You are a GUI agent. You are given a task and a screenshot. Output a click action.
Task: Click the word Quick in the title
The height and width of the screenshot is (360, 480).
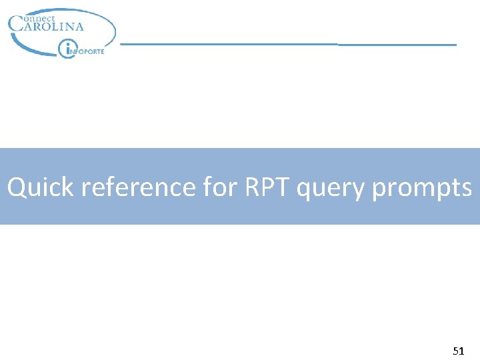(40, 188)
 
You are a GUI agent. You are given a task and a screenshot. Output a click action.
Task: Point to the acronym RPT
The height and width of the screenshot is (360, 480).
(267, 187)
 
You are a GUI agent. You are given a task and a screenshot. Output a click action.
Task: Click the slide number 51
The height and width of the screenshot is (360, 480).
(458, 351)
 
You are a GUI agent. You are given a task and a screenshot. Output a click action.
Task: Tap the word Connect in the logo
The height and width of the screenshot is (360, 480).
(38, 19)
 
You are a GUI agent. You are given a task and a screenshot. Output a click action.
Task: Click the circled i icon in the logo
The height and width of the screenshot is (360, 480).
(67, 49)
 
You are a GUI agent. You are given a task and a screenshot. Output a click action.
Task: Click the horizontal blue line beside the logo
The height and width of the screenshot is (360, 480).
(287, 44)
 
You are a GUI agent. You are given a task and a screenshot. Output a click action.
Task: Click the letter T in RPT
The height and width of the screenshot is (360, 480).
(283, 187)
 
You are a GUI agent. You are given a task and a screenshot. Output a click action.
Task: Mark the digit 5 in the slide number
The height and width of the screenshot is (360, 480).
(455, 351)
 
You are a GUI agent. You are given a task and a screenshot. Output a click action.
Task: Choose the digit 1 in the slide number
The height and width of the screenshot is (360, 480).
(461, 351)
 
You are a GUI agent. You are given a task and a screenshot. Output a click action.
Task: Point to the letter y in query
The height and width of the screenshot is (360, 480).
(359, 191)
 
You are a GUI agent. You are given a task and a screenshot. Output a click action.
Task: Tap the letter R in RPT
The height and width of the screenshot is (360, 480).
(253, 187)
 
